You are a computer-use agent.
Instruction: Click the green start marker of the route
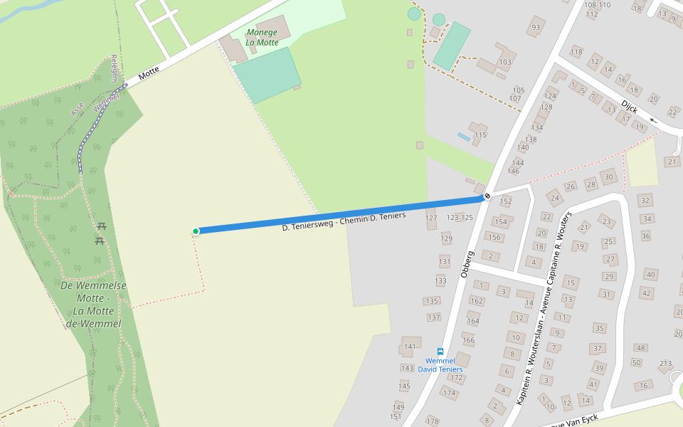pyautogui.click(x=196, y=231)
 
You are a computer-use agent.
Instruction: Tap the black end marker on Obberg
pyautogui.click(x=487, y=196)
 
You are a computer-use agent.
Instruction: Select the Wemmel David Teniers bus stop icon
pyautogui.click(x=440, y=352)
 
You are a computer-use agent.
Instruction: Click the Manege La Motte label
pyautogui.click(x=263, y=37)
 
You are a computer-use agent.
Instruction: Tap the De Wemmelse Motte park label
pyautogui.click(x=93, y=305)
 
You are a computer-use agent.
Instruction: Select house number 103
pyautogui.click(x=505, y=62)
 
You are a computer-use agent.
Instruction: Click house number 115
pyautogui.click(x=480, y=135)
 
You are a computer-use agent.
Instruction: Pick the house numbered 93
pyautogui.click(x=536, y=28)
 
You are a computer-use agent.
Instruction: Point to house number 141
pyautogui.click(x=409, y=347)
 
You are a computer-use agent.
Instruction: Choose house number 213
pyautogui.click(x=665, y=364)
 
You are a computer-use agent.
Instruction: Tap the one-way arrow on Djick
pyautogui.click(x=653, y=120)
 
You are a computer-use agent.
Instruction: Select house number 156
pyautogui.click(x=494, y=237)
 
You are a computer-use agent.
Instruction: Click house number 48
pyautogui.click(x=640, y=347)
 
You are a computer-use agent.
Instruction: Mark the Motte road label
pyautogui.click(x=149, y=73)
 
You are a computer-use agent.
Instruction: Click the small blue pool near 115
pyautogui.click(x=463, y=136)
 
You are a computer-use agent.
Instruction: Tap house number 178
pyautogui.click(x=433, y=421)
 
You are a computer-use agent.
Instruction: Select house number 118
pyautogui.click(x=576, y=52)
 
